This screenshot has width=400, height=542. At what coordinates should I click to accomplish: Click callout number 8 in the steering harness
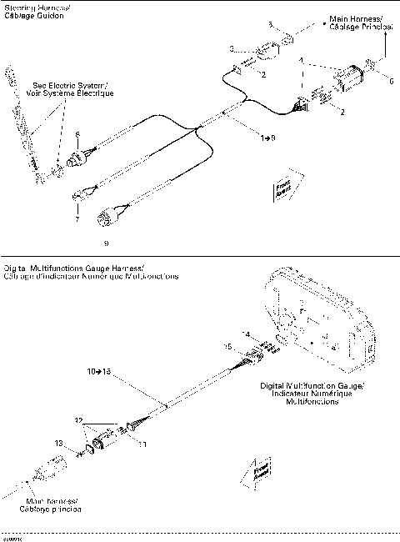pos(77,134)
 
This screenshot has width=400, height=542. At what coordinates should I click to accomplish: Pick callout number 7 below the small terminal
pos(77,218)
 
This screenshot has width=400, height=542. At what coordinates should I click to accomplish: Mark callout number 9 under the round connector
pos(106,243)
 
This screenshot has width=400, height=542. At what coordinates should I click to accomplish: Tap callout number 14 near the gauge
pos(245,334)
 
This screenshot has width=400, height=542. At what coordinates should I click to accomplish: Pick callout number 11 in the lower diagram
pos(142,444)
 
